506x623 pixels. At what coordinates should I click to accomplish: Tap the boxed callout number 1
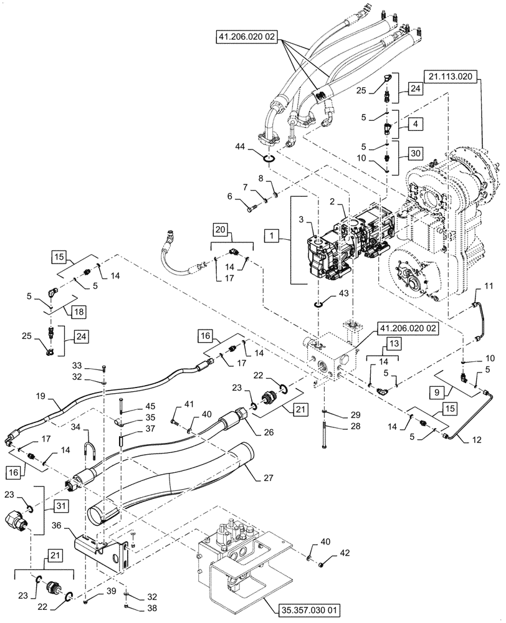(271, 235)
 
